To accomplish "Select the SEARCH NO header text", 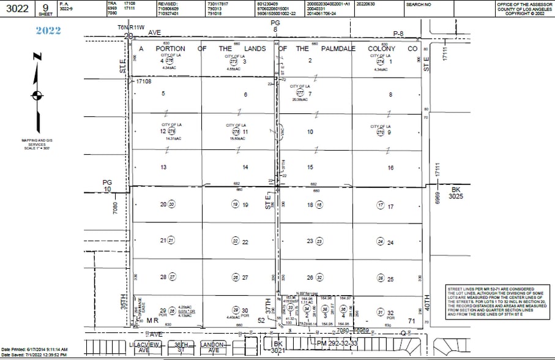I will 419,4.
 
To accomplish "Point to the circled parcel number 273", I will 233,61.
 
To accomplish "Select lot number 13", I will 163,167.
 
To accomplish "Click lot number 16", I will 390,167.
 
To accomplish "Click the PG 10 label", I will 108,186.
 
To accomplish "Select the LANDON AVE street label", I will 212,348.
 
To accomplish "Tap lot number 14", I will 245,167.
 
